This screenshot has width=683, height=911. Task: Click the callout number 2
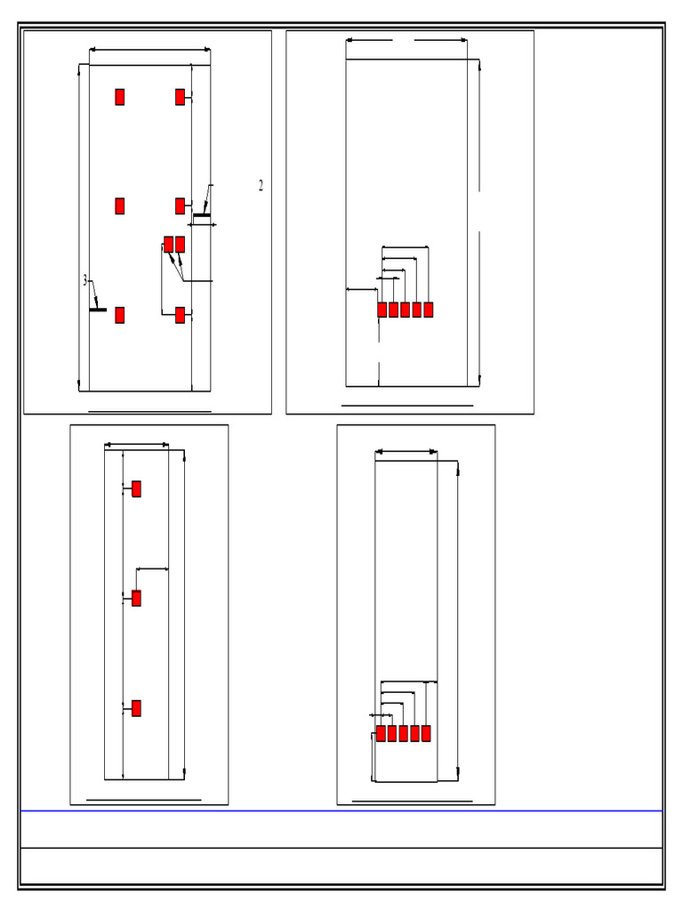pyautogui.click(x=261, y=186)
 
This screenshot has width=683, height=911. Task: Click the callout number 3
pyautogui.click(x=85, y=280)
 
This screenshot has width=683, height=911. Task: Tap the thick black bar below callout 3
pyautogui.click(x=98, y=310)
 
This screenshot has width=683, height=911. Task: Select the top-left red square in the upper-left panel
pyautogui.click(x=119, y=97)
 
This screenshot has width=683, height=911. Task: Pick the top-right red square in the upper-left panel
pyautogui.click(x=180, y=97)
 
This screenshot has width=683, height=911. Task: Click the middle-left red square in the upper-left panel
pyautogui.click(x=119, y=206)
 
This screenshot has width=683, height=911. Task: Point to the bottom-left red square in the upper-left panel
pyautogui.click(x=119, y=315)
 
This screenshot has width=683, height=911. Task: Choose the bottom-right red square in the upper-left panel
pyautogui.click(x=180, y=315)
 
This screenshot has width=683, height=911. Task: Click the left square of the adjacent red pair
pyautogui.click(x=168, y=244)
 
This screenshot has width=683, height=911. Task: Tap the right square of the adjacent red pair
pyautogui.click(x=180, y=244)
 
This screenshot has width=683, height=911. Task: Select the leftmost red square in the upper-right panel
pyautogui.click(x=382, y=310)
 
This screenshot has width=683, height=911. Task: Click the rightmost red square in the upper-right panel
pyautogui.click(x=429, y=310)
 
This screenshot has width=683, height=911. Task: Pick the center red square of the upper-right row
pyautogui.click(x=406, y=310)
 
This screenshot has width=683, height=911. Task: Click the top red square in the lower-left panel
pyautogui.click(x=136, y=488)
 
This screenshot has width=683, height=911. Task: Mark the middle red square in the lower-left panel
pyautogui.click(x=136, y=599)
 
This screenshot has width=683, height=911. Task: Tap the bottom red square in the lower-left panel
pyautogui.click(x=136, y=708)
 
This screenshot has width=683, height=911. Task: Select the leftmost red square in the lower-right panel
pyautogui.click(x=381, y=733)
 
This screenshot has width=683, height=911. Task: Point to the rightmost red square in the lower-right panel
pyautogui.click(x=426, y=733)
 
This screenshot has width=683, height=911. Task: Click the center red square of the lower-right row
pyautogui.click(x=404, y=733)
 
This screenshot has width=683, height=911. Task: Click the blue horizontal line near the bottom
pyautogui.click(x=341, y=810)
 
